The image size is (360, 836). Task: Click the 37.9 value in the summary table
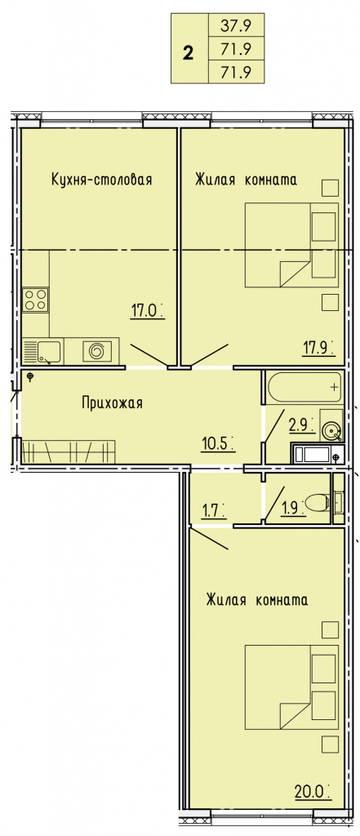235,26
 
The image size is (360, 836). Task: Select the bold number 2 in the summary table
188,53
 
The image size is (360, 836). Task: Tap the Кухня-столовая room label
101,180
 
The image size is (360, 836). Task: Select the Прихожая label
112,402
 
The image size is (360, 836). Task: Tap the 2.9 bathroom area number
300,425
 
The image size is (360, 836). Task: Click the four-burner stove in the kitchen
36,300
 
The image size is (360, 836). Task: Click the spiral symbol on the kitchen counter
97,351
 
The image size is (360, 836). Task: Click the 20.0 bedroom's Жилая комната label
257,601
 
